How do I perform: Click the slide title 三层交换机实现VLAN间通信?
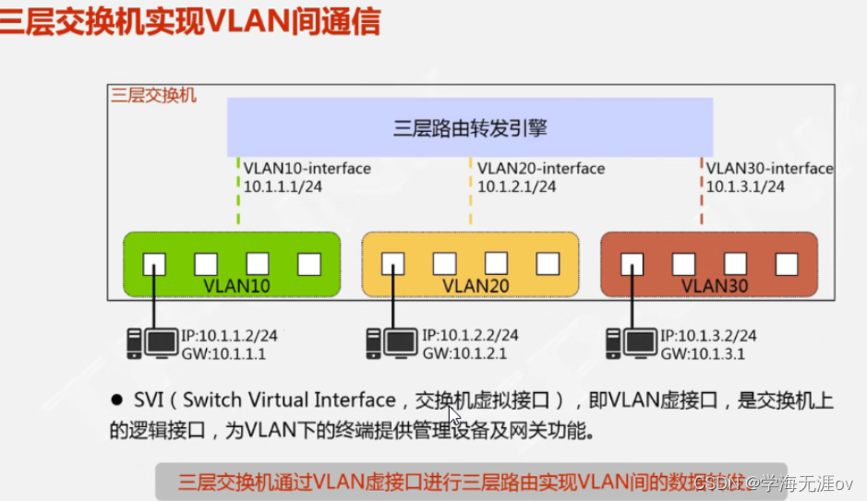point(190,20)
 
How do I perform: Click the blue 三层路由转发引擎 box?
point(470,128)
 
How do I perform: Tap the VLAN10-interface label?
point(307,168)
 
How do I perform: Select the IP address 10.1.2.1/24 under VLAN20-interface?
point(516,186)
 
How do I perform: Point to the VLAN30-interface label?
point(770,168)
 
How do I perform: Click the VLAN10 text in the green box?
point(235,285)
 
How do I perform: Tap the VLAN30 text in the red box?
point(713,285)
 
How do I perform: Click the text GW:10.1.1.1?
point(225,353)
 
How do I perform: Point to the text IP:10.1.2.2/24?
point(470,336)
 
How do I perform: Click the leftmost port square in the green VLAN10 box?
point(154,265)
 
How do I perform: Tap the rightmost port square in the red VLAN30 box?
point(786,265)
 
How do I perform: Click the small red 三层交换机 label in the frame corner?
point(153,94)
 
